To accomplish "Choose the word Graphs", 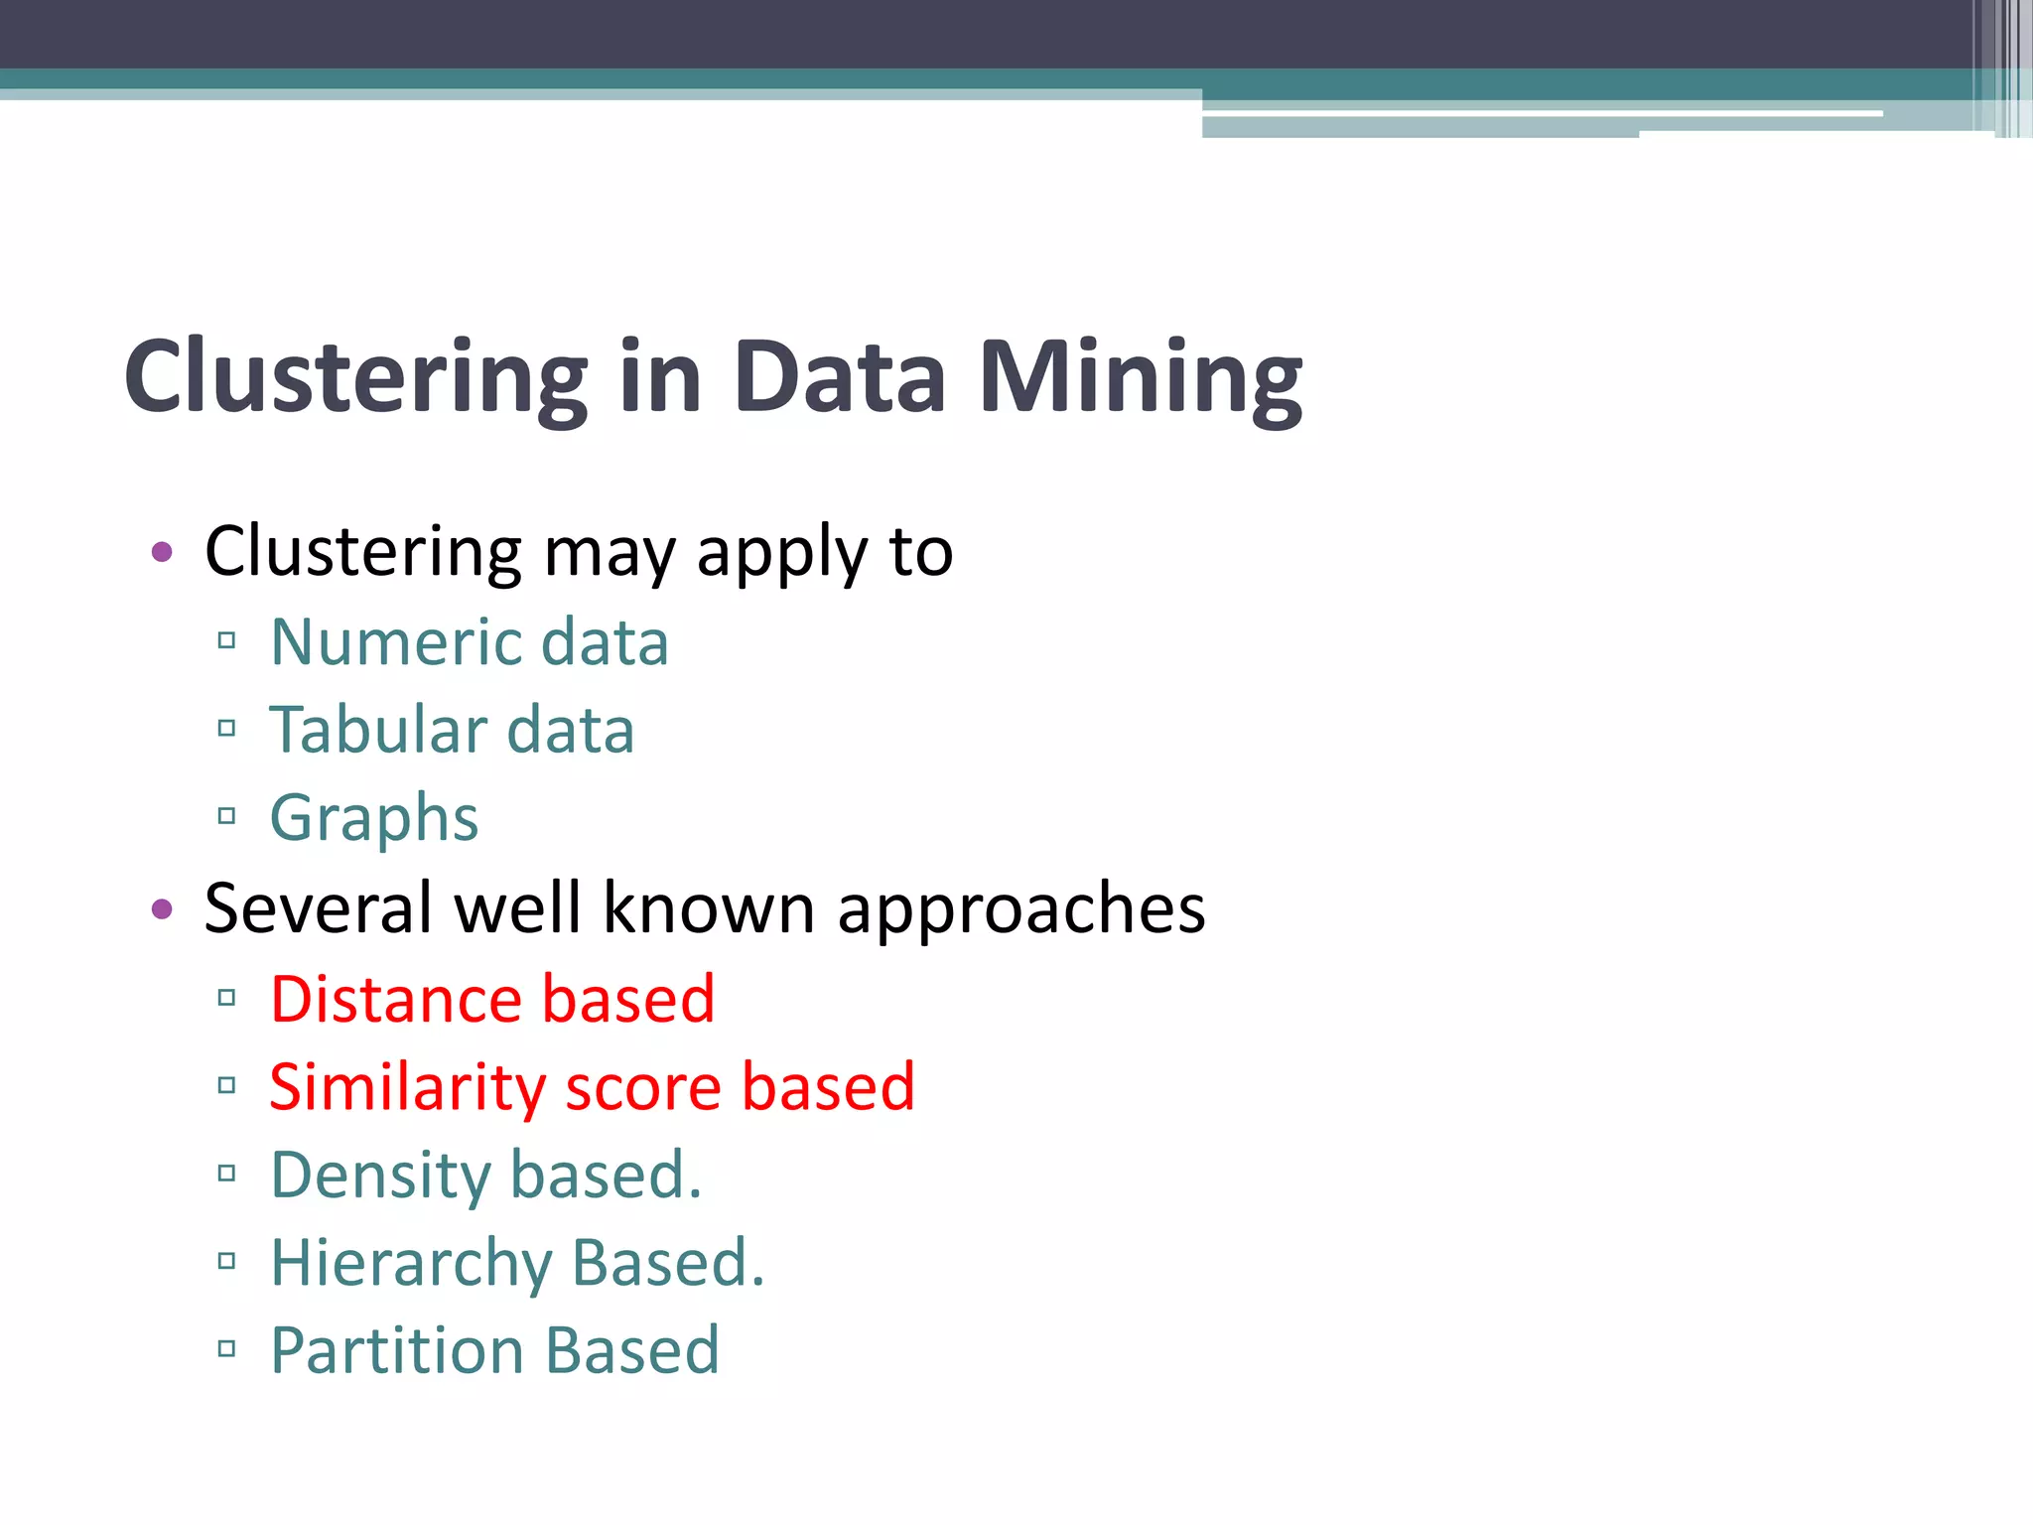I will point(374,819).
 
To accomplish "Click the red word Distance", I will point(394,999).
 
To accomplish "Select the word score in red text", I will point(642,1087).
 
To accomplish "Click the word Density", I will point(379,1176).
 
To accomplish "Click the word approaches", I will point(1021,908).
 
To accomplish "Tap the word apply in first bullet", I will point(782,552).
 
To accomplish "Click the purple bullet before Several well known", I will point(163,908).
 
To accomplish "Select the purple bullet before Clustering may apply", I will point(163,552).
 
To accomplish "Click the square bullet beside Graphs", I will point(226,817).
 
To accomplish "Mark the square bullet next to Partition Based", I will point(226,1348).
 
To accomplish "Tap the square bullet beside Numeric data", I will point(226,640).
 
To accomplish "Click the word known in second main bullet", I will point(709,908).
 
